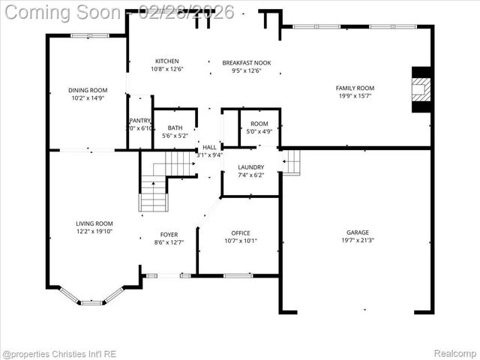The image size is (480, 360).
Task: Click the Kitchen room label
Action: click(x=166, y=61)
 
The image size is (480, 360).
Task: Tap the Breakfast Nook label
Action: click(x=246, y=63)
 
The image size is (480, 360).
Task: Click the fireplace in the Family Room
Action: click(x=423, y=91)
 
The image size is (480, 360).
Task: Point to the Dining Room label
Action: click(x=88, y=89)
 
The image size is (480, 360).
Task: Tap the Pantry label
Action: click(x=140, y=120)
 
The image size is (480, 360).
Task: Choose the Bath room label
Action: click(x=175, y=127)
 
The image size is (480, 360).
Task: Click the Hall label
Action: click(x=209, y=148)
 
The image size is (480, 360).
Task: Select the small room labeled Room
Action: click(x=259, y=124)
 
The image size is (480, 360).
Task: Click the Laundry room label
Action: click(x=250, y=167)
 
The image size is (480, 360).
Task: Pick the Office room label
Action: click(x=241, y=233)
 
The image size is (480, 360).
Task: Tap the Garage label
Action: click(x=357, y=232)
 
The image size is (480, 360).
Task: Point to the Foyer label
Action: click(x=169, y=234)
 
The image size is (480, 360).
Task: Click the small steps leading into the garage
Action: click(x=291, y=162)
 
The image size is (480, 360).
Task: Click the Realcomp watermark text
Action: click(x=455, y=352)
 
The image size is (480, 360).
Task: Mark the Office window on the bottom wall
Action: click(x=238, y=275)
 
